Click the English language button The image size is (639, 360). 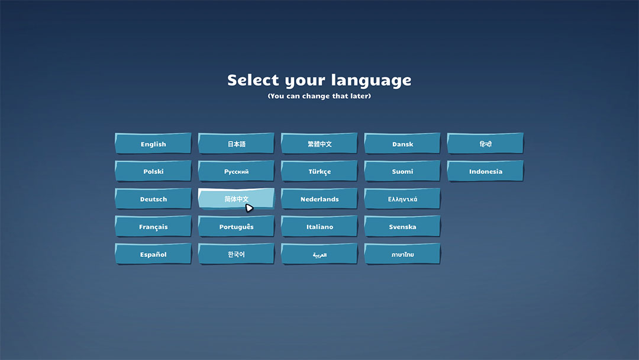pyautogui.click(x=153, y=143)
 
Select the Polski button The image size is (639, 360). pyautogui.click(x=153, y=171)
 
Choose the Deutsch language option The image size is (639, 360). pyautogui.click(x=153, y=199)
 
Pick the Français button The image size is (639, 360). pyautogui.click(x=153, y=227)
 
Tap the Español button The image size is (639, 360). pyautogui.click(x=153, y=254)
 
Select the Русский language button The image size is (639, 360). pyautogui.click(x=236, y=171)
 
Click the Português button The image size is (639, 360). pyautogui.click(x=236, y=227)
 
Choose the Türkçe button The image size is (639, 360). pyautogui.click(x=319, y=171)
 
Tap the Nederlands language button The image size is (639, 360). pyautogui.click(x=319, y=199)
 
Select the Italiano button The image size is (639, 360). pyautogui.click(x=319, y=227)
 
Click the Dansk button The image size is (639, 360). pyautogui.click(x=402, y=143)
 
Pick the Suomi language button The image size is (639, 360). pyautogui.click(x=402, y=171)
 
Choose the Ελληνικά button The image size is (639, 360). pyautogui.click(x=402, y=199)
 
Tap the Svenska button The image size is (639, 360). pyautogui.click(x=402, y=227)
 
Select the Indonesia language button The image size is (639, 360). pyautogui.click(x=485, y=171)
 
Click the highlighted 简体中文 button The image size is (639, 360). pyautogui.click(x=236, y=199)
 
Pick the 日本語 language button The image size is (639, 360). pyautogui.click(x=236, y=143)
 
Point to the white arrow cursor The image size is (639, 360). pyautogui.click(x=249, y=208)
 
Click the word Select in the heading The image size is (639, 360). pyautogui.click(x=253, y=80)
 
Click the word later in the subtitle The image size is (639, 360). pyautogui.click(x=360, y=96)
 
